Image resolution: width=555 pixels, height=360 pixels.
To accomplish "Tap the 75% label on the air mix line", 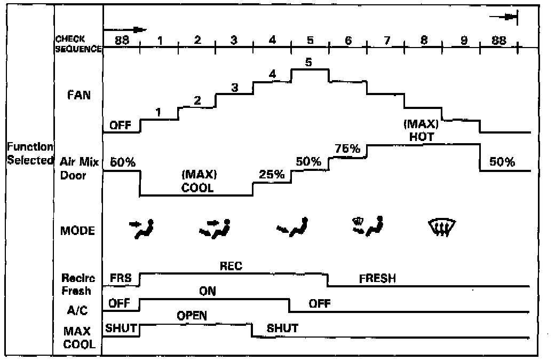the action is (347, 148).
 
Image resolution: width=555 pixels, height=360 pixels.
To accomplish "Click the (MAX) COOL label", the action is (197, 181).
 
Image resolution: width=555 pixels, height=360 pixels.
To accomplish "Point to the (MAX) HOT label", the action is (422, 130).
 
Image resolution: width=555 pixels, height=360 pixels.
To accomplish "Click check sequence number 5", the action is (310, 40).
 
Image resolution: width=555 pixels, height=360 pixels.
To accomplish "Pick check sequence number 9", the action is (463, 40).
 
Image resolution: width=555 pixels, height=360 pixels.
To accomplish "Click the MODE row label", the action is (77, 231).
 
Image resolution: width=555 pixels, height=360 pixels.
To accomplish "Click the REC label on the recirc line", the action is (231, 266).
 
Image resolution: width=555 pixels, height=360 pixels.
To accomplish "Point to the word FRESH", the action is (377, 279).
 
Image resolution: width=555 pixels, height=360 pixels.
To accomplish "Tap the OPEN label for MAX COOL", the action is (192, 316).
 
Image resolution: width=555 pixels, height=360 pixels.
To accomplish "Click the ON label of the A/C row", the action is (207, 292).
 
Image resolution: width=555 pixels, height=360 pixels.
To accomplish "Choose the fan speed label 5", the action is (308, 62).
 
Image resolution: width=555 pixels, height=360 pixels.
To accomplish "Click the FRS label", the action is (121, 278).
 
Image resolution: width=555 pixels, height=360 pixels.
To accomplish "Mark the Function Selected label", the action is (30, 153).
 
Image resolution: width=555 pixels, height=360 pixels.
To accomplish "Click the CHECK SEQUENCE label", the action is (78, 44).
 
